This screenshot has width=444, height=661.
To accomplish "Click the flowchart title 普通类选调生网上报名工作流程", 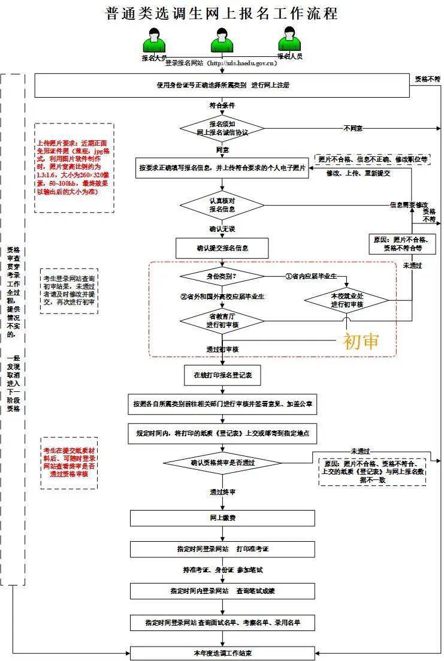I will [222, 13].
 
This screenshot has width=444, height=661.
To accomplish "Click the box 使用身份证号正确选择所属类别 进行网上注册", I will [222, 85].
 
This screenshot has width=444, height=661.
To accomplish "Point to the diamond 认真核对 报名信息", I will [222, 206].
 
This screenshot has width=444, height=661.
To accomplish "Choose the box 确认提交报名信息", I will [222, 247].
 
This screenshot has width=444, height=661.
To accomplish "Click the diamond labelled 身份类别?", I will [222, 276].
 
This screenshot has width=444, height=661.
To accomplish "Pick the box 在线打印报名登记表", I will [222, 375].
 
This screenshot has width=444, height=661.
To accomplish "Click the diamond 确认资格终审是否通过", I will [222, 463].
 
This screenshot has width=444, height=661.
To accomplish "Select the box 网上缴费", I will [222, 517].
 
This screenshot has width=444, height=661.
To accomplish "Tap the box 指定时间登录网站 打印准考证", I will [222, 548].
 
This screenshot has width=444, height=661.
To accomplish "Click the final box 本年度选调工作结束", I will [222, 653].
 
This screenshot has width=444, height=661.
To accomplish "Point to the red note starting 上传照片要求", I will [74, 168].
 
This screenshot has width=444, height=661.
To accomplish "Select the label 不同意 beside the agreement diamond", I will [352, 128].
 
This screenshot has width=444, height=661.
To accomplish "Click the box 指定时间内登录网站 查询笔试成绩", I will [222, 591].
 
